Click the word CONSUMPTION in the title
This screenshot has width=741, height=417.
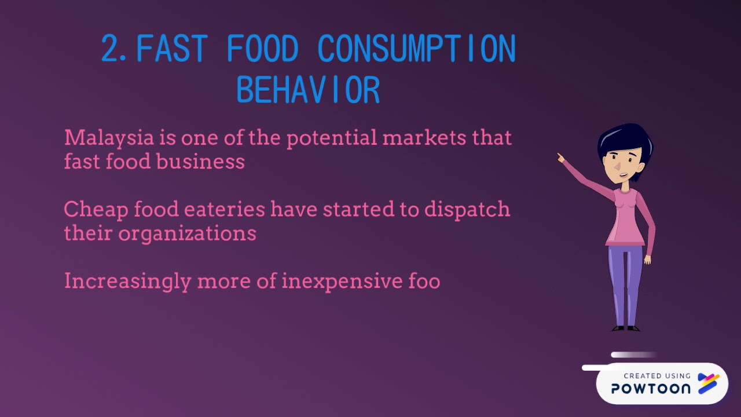click(416, 49)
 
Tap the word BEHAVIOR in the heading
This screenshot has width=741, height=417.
click(308, 90)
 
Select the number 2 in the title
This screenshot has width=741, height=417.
click(112, 49)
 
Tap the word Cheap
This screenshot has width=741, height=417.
click(96, 210)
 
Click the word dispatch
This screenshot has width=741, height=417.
click(467, 210)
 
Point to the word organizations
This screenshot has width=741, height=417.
click(187, 233)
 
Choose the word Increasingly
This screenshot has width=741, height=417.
click(127, 281)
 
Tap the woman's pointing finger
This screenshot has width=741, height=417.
click(560, 156)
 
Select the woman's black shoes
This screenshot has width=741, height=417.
click(626, 328)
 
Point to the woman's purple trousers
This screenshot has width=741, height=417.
click(625, 284)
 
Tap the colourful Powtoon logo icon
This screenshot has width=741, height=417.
click(708, 383)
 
